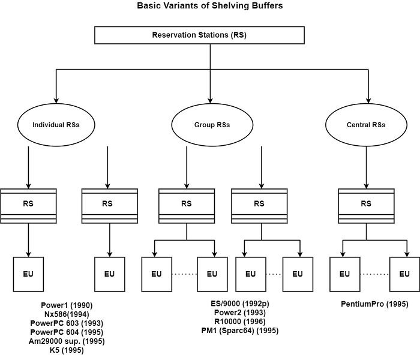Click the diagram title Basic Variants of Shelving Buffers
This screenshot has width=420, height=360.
coord(210,6)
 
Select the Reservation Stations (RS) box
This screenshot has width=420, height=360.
coord(210,35)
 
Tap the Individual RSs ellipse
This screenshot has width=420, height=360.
coord(56,125)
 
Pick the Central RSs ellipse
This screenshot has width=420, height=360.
coord(366,125)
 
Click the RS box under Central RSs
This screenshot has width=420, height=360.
coord(366,204)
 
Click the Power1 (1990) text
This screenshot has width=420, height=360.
coord(67,305)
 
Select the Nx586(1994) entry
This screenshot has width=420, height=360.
coord(67,313)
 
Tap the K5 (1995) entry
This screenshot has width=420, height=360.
coord(67,350)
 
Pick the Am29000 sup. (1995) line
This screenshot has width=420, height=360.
coord(67,341)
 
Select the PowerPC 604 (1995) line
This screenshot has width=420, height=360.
coord(67,332)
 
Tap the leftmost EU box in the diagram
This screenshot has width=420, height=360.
coord(28,274)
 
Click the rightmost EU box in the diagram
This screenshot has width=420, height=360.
coord(403,274)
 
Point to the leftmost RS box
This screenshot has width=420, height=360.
coord(28,204)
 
